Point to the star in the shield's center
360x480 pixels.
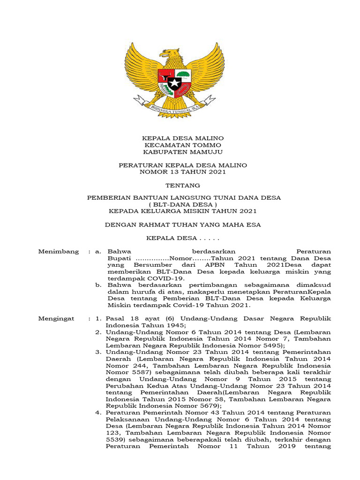pyautogui.click(x=174, y=84)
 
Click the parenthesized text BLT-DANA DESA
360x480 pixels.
pyautogui.click(x=183, y=205)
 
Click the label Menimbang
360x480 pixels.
pyautogui.click(x=59, y=252)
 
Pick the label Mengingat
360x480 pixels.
pyautogui.click(x=56, y=319)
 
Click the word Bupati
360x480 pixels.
pyautogui.click(x=119, y=258)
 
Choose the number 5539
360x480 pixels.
pyautogui.click(x=115, y=440)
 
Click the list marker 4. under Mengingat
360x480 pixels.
pyautogui.click(x=98, y=412)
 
